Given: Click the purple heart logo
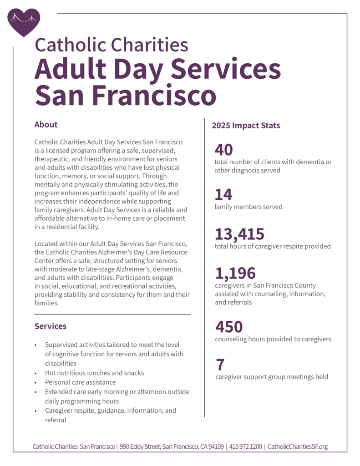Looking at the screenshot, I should (24, 21).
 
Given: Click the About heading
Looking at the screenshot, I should (46, 125).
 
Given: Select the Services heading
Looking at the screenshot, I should (51, 326).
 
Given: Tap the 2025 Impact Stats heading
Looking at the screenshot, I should (246, 125).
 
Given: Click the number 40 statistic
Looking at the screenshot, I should (223, 150).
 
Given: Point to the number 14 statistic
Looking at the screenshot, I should (223, 195).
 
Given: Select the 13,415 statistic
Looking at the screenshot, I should (239, 234).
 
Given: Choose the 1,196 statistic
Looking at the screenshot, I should (235, 273).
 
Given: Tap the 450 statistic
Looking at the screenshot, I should (228, 327).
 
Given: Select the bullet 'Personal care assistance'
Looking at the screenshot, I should (80, 382).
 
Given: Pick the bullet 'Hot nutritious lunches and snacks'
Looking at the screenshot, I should (94, 373).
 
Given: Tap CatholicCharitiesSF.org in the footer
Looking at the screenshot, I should (298, 446).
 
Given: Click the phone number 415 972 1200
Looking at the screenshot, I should (245, 446).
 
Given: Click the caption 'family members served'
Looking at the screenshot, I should (248, 207).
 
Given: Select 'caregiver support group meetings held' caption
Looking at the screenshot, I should (271, 376).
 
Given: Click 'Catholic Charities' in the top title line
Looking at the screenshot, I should (111, 45).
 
